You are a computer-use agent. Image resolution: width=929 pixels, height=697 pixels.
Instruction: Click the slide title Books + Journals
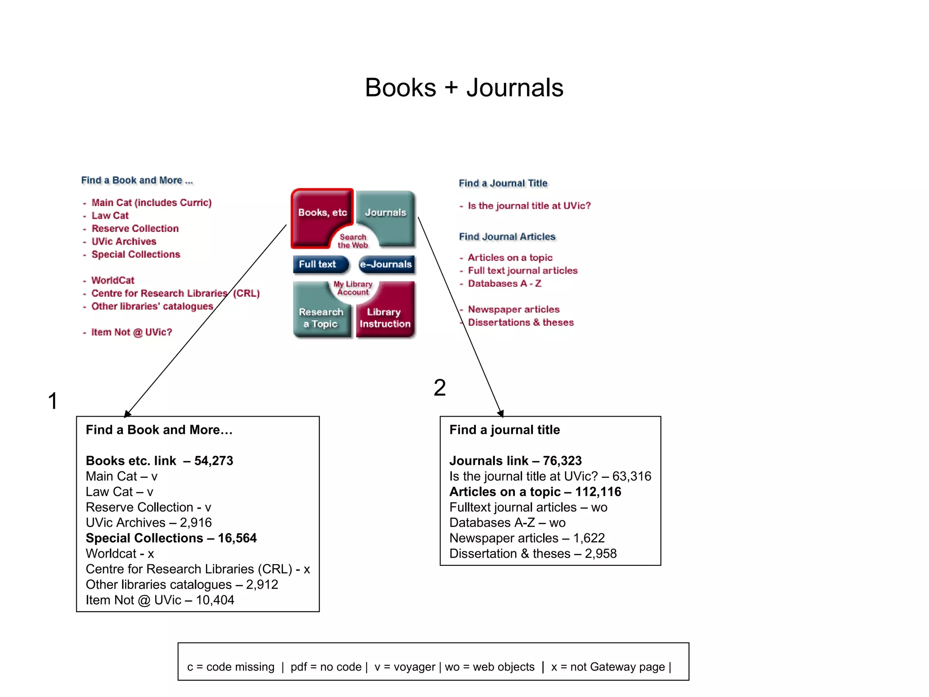[464, 87]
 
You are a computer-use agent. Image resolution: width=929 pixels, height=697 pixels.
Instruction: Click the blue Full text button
[319, 264]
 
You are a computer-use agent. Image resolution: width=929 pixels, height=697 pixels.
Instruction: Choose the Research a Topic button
[321, 317]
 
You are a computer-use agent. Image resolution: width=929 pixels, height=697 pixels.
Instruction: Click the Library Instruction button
[385, 317]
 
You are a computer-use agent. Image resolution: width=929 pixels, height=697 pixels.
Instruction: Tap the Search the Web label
[353, 241]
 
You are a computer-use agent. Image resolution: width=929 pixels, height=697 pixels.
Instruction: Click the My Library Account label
[353, 288]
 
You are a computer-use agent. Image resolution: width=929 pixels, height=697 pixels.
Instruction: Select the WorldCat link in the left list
[113, 280]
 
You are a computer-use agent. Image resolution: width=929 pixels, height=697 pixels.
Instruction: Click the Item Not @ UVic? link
[132, 332]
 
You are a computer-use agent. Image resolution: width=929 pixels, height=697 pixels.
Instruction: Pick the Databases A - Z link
[504, 284]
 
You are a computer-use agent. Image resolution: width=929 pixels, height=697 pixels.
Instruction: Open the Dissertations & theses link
[521, 323]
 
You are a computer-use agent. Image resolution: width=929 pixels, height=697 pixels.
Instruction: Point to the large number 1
[53, 401]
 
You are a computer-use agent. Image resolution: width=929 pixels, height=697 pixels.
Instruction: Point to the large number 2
[439, 388]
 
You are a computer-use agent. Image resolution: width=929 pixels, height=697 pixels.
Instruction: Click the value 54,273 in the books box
[214, 461]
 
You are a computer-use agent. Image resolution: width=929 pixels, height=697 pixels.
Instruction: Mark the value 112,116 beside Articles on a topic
[598, 492]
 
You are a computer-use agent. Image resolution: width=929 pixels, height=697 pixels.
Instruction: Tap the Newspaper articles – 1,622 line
[527, 538]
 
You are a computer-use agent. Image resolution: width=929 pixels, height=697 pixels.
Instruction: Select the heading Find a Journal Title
[503, 183]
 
